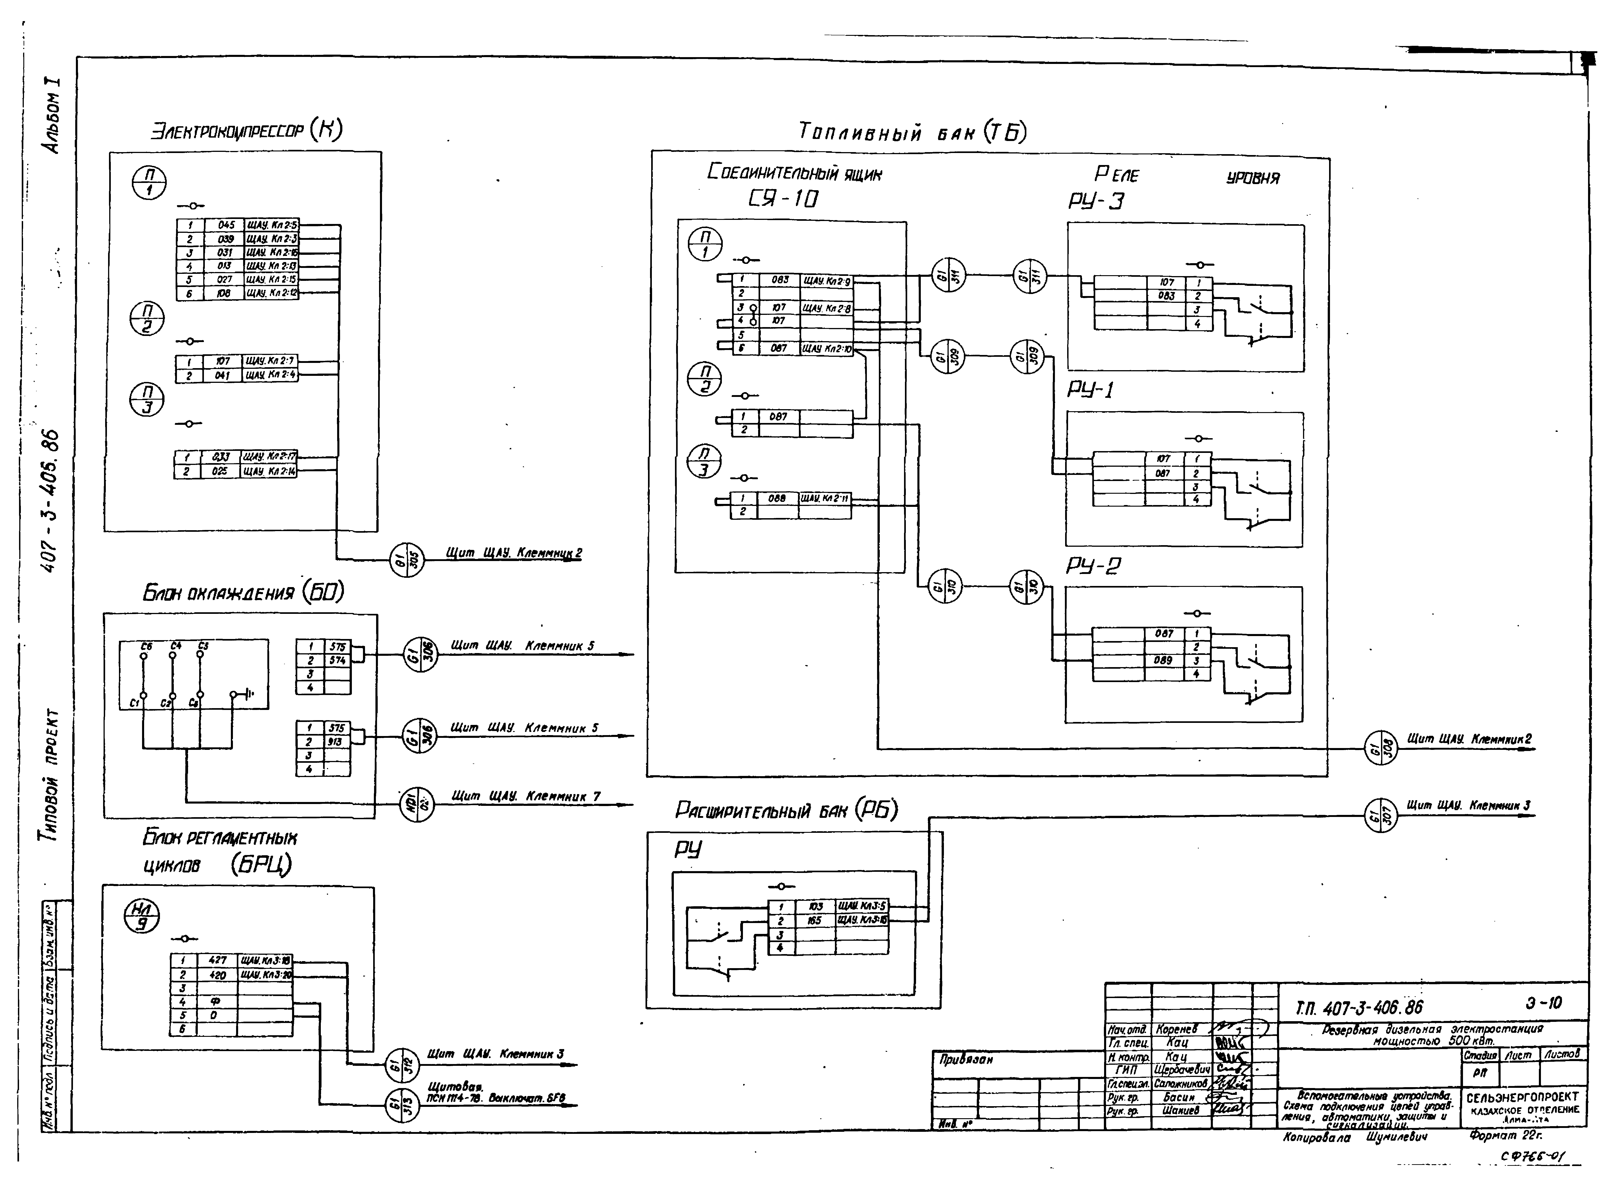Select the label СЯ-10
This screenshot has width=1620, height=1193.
click(x=783, y=198)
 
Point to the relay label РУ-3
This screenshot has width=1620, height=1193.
click(x=1096, y=201)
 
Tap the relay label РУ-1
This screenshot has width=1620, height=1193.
click(x=1090, y=390)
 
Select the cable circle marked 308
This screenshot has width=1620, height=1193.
click(x=1380, y=748)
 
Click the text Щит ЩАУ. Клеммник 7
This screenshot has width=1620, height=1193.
click(x=526, y=797)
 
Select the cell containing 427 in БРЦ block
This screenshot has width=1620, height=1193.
click(x=217, y=960)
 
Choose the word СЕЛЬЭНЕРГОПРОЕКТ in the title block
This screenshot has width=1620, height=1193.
click(x=1522, y=1097)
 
